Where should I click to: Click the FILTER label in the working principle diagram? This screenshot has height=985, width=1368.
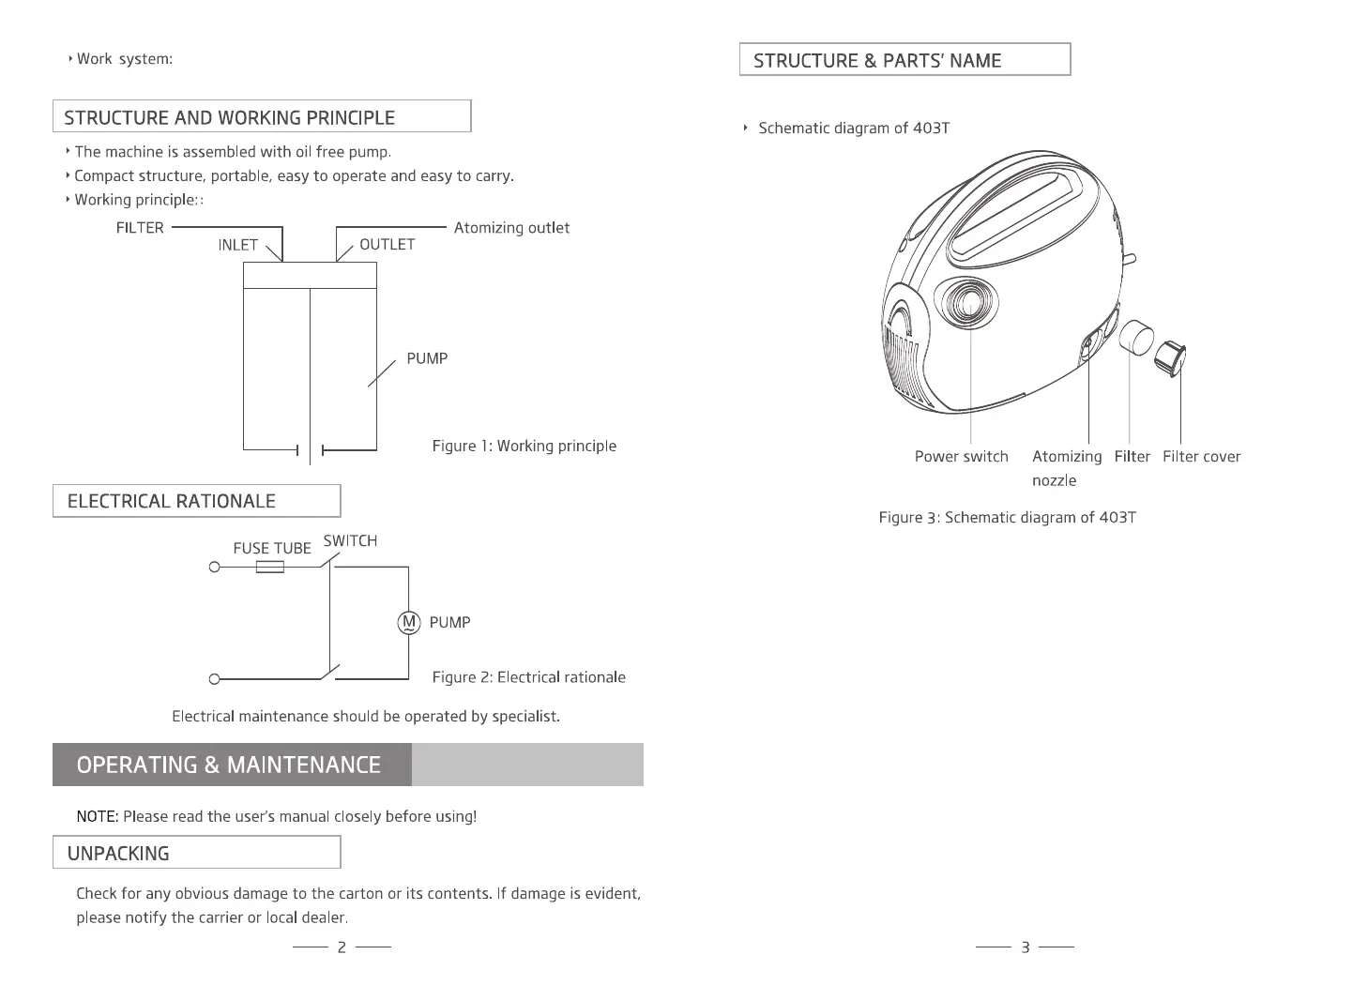tap(140, 228)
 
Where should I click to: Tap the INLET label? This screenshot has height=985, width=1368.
tap(237, 245)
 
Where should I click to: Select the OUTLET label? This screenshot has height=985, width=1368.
tap(387, 245)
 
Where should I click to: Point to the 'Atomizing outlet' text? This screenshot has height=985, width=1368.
tap(511, 228)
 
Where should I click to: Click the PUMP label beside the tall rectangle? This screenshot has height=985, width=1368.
tap(427, 358)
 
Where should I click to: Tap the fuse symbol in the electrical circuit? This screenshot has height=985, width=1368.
tap(270, 567)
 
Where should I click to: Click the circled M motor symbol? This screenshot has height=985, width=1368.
tap(408, 622)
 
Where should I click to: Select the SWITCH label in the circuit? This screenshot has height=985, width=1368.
tap(350, 541)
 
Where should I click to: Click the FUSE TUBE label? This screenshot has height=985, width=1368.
tap(272, 549)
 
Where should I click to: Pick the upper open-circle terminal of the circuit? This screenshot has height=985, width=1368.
tap(214, 568)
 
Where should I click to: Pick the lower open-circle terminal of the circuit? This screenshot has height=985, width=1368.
tap(214, 678)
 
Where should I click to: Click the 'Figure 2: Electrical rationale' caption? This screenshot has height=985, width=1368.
tap(528, 677)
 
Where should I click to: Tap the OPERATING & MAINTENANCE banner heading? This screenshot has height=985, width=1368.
tap(229, 765)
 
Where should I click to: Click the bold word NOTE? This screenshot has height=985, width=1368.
tap(97, 816)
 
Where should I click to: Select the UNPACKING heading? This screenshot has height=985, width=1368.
tap(118, 854)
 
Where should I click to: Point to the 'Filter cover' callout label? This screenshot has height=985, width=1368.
tap(1201, 457)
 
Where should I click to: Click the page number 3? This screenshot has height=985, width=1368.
tap(1025, 947)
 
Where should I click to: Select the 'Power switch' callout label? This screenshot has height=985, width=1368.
tap(961, 457)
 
